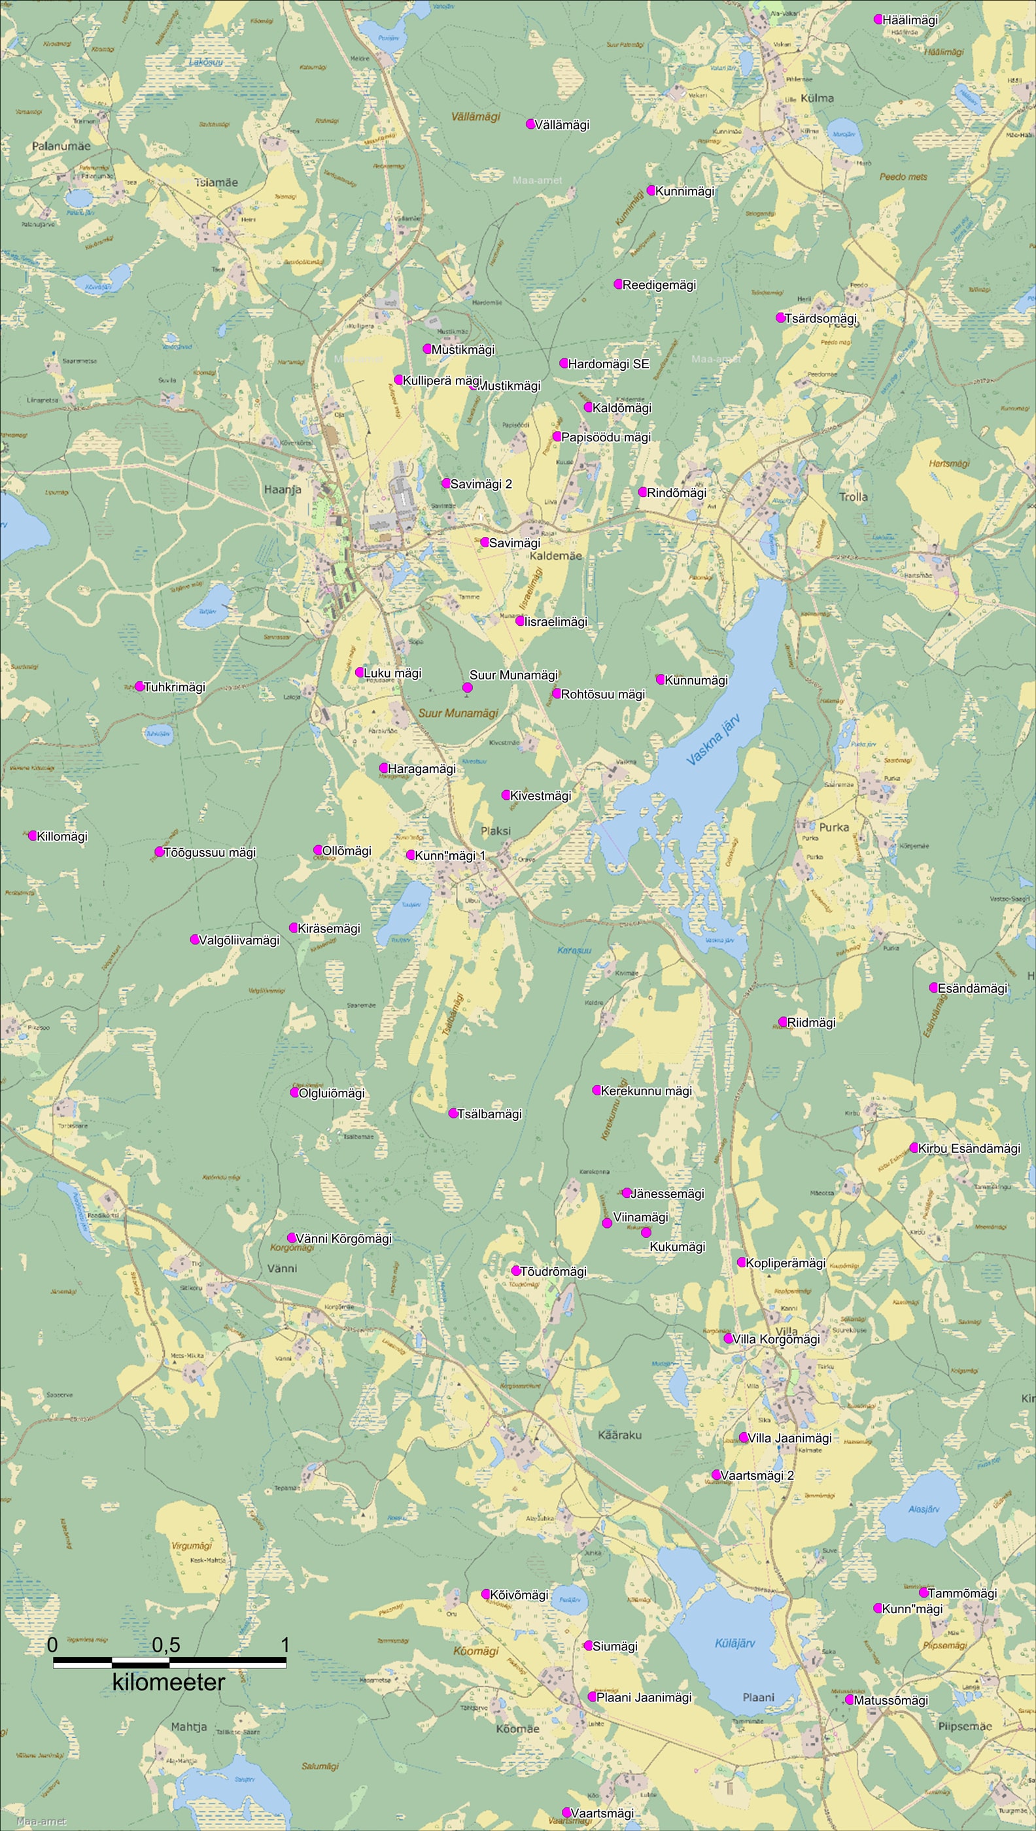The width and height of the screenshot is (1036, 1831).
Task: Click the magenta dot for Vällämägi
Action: point(530,124)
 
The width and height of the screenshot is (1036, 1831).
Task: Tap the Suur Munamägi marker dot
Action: point(468,687)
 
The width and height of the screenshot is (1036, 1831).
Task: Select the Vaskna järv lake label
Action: point(714,740)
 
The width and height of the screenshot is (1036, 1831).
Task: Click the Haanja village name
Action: point(283,489)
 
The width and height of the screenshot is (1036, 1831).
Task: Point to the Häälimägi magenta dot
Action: point(878,19)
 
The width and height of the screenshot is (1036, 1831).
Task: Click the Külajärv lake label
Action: point(734,1643)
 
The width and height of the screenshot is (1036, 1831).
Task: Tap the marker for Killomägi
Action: point(32,835)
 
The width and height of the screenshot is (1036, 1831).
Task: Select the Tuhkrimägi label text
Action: point(175,687)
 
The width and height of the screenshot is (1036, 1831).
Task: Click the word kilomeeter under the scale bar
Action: point(169,1683)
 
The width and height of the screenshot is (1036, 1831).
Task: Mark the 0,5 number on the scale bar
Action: point(165,1645)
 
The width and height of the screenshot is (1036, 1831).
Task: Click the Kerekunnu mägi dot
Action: point(596,1090)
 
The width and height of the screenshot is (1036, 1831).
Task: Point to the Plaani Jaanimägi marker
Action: point(591,1696)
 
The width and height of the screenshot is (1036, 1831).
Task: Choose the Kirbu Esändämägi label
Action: point(969,1148)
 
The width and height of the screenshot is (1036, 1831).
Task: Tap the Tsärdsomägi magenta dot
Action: point(780,317)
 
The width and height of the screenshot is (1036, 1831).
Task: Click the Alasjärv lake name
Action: point(924,1509)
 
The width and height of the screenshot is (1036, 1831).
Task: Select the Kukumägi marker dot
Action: point(646,1232)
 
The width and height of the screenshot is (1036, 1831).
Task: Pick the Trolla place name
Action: point(853,496)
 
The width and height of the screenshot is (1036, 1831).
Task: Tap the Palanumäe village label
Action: point(61,146)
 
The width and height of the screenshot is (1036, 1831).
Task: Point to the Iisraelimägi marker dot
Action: point(520,621)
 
